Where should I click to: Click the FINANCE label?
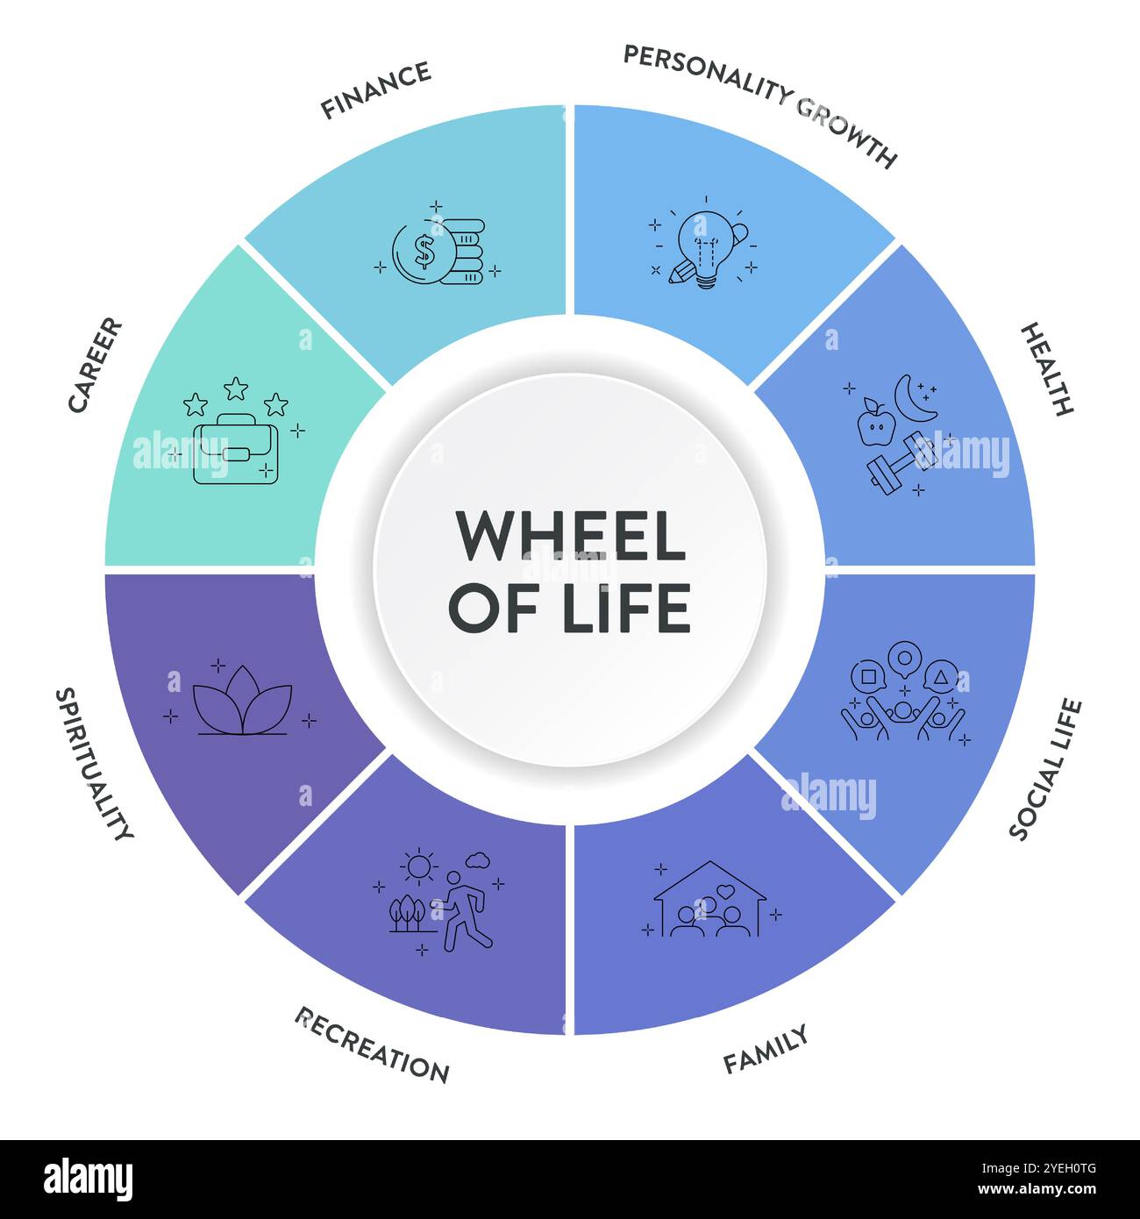click(x=375, y=89)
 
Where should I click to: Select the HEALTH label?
click(x=1047, y=368)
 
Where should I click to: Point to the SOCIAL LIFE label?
click(x=1045, y=769)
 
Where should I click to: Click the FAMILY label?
click(x=765, y=1050)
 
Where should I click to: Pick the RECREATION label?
click(x=373, y=1046)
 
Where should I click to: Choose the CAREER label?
click(x=96, y=365)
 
